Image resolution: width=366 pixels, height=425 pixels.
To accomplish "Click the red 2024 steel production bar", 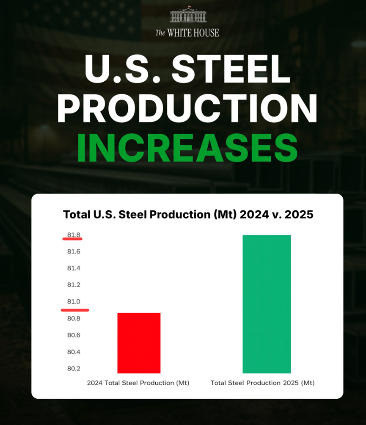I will [139, 343].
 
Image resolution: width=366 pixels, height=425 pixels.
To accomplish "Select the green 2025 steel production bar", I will [267, 304].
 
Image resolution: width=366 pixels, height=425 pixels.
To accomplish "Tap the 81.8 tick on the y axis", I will [73, 235].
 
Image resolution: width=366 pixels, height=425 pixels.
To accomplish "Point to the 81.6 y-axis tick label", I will [73, 252].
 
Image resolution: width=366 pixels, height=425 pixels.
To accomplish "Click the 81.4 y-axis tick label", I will [73, 268].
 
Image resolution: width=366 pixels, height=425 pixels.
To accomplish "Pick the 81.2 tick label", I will [73, 285].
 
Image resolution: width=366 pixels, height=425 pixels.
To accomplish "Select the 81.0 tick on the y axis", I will [73, 302].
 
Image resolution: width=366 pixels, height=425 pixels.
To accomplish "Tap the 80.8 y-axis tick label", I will [73, 318].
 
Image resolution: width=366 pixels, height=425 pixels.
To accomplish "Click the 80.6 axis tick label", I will [73, 335].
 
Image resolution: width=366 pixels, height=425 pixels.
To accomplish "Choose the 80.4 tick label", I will [73, 352].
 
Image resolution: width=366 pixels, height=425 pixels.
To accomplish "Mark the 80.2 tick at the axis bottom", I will [73, 369].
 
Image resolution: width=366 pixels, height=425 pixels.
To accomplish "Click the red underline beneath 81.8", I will [72, 239].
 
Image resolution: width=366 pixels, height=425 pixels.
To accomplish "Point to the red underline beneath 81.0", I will [74, 310].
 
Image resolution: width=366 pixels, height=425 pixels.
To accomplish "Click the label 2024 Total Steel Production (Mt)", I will [138, 383].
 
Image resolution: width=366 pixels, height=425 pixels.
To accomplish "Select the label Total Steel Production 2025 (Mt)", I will [263, 383].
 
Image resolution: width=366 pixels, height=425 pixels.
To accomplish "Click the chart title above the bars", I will [188, 215].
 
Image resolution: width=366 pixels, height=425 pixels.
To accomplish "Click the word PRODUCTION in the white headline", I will [187, 108].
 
